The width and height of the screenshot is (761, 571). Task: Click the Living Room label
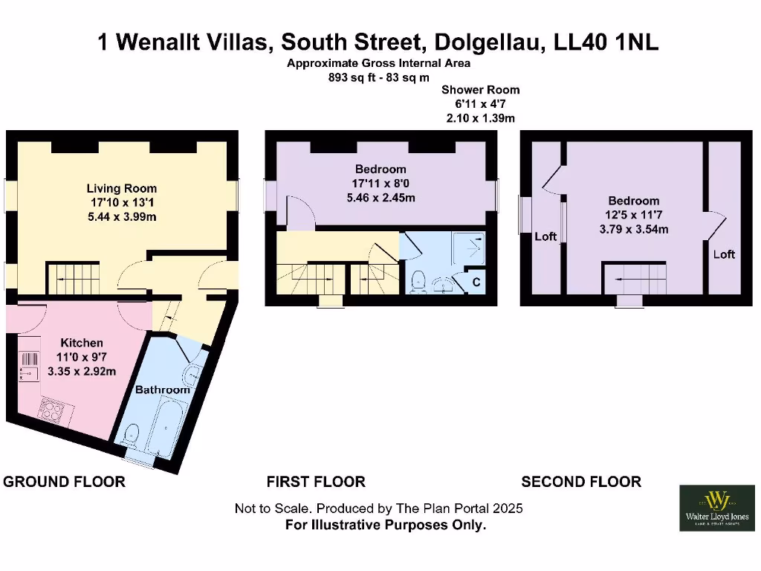tap(122, 189)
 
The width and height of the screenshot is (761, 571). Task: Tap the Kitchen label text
tap(82, 343)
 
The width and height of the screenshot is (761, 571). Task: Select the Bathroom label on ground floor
tap(162, 390)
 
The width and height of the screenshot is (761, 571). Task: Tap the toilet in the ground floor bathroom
tap(133, 434)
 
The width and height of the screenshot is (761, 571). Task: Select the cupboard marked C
tap(476, 283)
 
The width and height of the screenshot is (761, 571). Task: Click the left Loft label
tap(545, 237)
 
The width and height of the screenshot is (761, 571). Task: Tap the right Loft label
tap(724, 254)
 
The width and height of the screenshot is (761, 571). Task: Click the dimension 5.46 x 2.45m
tap(380, 198)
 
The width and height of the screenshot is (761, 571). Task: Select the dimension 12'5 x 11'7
tap(634, 215)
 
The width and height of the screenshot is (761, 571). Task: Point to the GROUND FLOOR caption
tap(65, 482)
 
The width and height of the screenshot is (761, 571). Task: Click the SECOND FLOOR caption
tap(581, 482)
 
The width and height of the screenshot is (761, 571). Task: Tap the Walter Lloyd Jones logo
tap(716, 508)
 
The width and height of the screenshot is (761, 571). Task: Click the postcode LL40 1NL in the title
tap(606, 42)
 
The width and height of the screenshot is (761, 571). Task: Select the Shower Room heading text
tap(481, 90)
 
